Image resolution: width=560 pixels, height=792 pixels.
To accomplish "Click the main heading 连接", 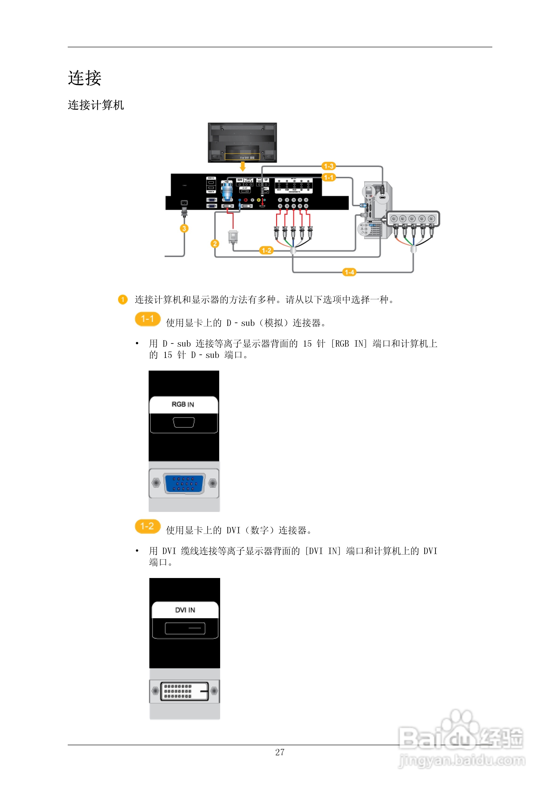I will point(84,78).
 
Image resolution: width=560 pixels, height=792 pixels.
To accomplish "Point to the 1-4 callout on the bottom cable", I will point(349,272).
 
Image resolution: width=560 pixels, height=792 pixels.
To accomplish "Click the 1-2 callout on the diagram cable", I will point(266,250).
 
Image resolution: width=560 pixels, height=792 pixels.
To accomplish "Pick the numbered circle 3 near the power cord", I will point(184,228).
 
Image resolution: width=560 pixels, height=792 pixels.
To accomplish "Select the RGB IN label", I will point(183,404).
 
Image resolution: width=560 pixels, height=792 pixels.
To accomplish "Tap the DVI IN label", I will point(185,610).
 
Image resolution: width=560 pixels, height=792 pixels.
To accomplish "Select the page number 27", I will point(280,752).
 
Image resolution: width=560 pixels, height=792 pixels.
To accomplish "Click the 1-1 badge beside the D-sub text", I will point(147,319).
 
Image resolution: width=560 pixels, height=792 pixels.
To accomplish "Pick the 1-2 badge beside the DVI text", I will point(147,526).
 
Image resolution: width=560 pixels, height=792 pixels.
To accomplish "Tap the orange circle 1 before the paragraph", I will point(123,299).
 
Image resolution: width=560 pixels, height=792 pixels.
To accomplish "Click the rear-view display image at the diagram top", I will point(242,143).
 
